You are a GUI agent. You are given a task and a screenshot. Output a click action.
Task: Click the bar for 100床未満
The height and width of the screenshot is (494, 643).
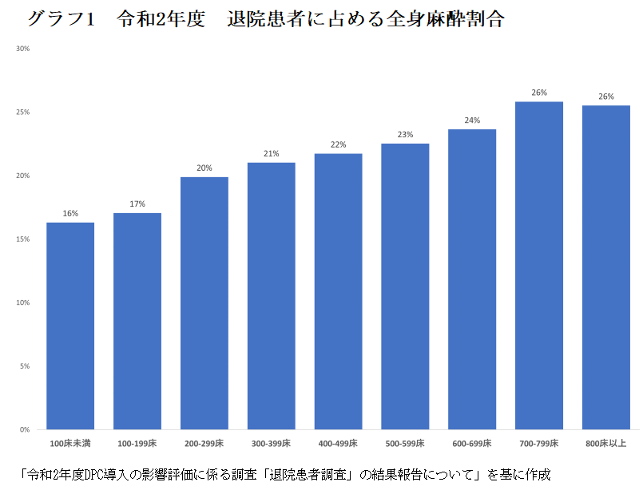coord(70,326)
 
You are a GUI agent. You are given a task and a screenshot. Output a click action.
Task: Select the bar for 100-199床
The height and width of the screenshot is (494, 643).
coord(137,321)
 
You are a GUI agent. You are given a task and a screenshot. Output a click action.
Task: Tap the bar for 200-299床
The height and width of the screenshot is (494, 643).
coord(204,303)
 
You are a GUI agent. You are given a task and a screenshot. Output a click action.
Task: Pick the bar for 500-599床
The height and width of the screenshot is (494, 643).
coord(405,287)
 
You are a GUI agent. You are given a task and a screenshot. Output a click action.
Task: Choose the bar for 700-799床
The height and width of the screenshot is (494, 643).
coord(539,266)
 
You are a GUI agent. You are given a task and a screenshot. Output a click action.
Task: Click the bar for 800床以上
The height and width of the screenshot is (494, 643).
coord(606,267)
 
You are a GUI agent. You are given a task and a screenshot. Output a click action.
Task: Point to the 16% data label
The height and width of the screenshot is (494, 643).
coord(70,214)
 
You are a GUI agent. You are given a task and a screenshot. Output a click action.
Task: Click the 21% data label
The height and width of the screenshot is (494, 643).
coord(272,153)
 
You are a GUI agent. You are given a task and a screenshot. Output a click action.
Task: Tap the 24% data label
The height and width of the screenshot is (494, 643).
coord(472,121)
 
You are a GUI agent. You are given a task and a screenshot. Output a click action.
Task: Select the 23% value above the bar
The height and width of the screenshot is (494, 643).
coord(405,135)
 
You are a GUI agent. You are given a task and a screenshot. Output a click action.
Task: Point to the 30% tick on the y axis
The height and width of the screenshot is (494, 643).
coord(22,49)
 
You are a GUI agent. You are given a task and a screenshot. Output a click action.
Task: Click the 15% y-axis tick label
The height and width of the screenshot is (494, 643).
coord(22,239)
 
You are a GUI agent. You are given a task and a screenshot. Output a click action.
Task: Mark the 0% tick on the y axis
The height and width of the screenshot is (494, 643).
coord(25,430)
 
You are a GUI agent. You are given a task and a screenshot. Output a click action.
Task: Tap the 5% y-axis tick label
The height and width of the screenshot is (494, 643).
coord(25,366)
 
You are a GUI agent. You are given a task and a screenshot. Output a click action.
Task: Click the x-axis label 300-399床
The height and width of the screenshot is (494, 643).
coord(272,442)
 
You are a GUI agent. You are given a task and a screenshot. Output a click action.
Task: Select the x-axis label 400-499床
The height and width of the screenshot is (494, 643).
coord(338,442)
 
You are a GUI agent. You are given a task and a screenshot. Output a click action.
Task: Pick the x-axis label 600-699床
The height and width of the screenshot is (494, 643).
coord(472,442)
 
